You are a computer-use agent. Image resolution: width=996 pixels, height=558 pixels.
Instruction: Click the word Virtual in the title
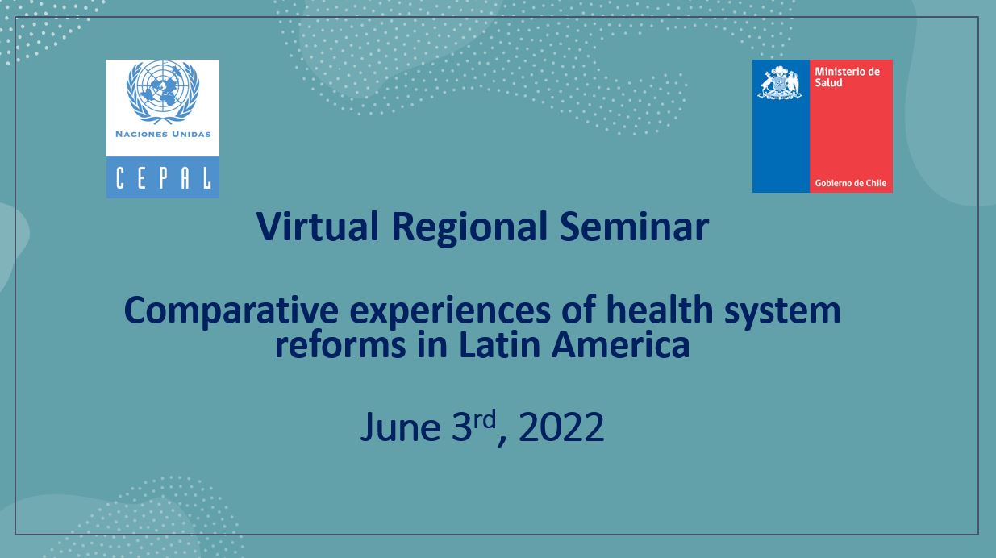317,227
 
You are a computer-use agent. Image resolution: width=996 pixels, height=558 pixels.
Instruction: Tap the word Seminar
634,227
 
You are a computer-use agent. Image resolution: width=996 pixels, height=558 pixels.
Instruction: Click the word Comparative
231,311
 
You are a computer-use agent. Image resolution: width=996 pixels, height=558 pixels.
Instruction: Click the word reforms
340,344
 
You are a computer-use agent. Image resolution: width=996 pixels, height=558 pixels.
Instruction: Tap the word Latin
499,344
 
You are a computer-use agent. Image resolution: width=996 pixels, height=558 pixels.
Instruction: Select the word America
621,344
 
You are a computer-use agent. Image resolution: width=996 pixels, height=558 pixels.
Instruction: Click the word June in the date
400,427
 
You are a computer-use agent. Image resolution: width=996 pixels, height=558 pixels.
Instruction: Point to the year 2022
561,427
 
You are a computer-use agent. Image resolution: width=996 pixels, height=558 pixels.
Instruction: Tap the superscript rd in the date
484,419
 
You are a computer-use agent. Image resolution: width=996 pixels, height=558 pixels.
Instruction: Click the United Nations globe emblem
163,92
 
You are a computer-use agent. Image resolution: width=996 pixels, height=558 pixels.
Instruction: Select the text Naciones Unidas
163,135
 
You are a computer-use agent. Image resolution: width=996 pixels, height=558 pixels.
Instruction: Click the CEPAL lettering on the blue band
163,178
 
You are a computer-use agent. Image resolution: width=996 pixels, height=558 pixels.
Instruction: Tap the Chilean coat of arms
781,83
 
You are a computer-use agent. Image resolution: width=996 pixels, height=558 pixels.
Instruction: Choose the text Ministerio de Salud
847,77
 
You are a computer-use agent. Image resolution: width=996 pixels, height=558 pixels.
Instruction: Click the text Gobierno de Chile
850,183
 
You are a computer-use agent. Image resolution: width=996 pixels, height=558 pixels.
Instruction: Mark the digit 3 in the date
461,427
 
